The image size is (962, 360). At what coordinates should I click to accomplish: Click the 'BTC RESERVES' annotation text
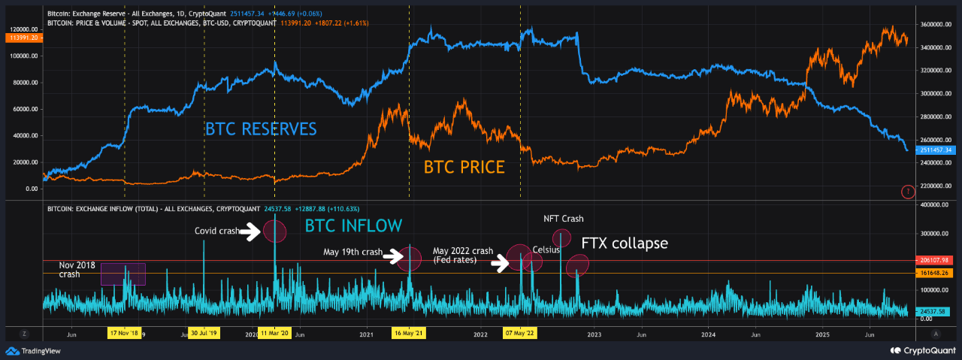click(x=261, y=129)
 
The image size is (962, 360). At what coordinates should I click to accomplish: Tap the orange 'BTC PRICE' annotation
click(x=464, y=167)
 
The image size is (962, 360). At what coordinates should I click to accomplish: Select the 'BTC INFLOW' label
click(x=353, y=225)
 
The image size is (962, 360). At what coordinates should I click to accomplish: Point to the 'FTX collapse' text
click(x=624, y=244)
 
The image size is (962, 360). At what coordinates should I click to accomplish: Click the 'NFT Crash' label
click(x=564, y=219)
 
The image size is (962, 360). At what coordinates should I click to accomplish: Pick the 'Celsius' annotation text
click(x=546, y=249)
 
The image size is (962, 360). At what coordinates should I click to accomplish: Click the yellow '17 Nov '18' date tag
click(x=125, y=333)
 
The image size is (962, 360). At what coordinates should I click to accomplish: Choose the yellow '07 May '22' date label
click(x=519, y=333)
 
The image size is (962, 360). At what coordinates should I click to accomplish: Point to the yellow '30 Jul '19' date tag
click(x=204, y=333)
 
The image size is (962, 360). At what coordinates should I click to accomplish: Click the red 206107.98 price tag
click(x=935, y=260)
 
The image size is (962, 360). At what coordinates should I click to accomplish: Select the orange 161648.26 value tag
click(x=935, y=274)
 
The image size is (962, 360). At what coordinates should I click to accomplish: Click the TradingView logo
click(x=33, y=350)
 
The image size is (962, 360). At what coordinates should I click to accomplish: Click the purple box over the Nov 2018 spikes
click(x=123, y=274)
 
